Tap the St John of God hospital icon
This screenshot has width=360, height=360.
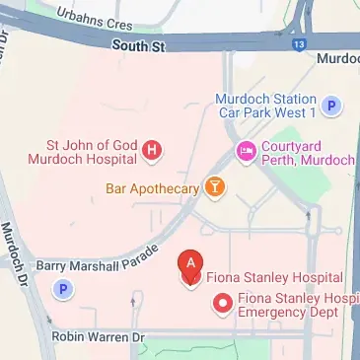[x=152, y=151]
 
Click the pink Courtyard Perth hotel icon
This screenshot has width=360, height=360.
[x=245, y=151]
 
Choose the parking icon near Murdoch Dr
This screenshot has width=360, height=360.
[x=64, y=289]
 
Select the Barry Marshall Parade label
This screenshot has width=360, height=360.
[x=97, y=258]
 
